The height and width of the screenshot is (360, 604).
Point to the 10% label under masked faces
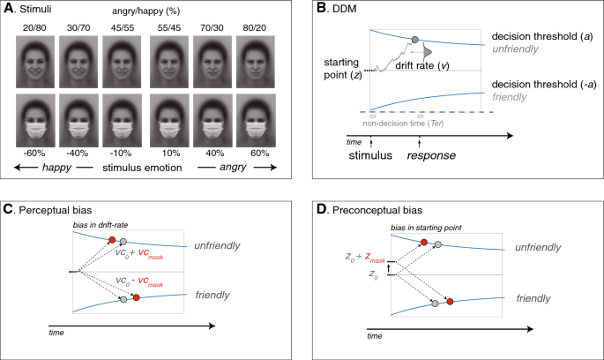[169, 153]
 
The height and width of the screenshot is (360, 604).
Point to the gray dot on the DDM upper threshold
[415, 40]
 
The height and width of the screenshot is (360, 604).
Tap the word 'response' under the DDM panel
[427, 154]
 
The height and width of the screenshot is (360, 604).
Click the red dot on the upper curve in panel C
[110, 239]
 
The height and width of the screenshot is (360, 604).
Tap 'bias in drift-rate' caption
[99, 227]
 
